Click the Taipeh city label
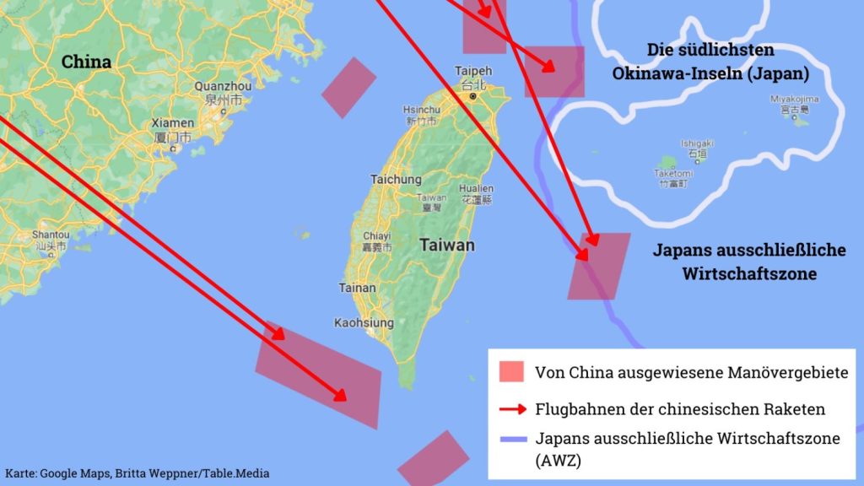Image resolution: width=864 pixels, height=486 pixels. click(472, 71)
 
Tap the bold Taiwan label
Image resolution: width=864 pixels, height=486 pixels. click(446, 246)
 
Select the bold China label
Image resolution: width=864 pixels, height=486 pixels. click(86, 62)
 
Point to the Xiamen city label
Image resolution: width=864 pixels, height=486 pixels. click(173, 123)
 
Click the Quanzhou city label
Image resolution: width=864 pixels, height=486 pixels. click(223, 86)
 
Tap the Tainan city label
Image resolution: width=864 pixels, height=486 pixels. click(357, 288)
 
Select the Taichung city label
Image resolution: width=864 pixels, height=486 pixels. click(396, 180)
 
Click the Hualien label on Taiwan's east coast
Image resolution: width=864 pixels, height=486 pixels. click(476, 189)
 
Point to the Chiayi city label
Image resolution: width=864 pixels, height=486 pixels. click(376, 236)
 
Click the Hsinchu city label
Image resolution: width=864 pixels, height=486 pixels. click(421, 110)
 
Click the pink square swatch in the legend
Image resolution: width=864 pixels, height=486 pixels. click(511, 372)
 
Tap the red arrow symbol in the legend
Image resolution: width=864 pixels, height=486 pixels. click(512, 409)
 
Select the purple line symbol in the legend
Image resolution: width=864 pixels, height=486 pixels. click(512, 439)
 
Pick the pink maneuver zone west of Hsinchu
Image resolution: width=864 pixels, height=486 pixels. click(348, 88)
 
